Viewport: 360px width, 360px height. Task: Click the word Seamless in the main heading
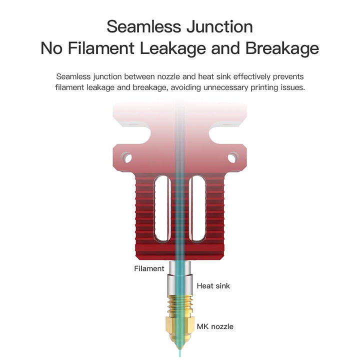(x=144, y=26)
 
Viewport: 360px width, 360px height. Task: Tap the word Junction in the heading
(x=219, y=26)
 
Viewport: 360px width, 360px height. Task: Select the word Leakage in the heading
(x=173, y=49)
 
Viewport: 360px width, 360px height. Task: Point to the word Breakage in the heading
(x=282, y=49)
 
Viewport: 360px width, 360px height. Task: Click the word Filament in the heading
(x=101, y=48)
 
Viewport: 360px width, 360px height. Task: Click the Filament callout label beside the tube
(x=149, y=268)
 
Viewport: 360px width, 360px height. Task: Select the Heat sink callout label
(x=213, y=286)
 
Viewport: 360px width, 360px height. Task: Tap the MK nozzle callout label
(x=215, y=326)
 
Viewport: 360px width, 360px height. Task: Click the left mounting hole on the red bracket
(x=126, y=157)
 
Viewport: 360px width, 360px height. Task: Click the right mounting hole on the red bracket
(x=233, y=157)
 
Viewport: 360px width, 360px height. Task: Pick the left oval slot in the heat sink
(x=162, y=208)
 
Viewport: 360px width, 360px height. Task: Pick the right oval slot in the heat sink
(x=197, y=208)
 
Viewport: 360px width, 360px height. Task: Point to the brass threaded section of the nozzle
(x=180, y=305)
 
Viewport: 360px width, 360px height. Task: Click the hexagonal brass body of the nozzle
(x=180, y=325)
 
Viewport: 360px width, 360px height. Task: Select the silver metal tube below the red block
(x=180, y=278)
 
